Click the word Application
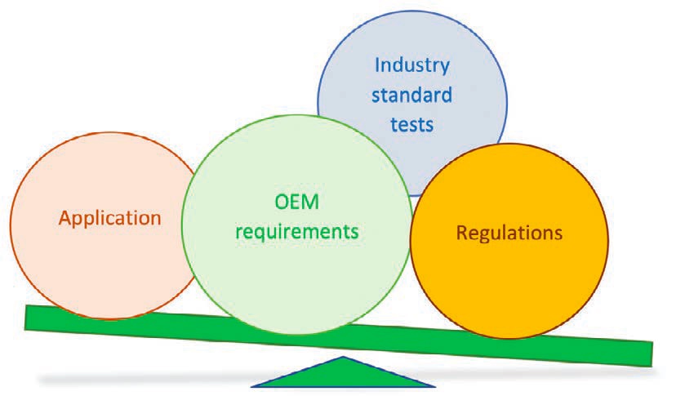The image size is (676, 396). click(x=110, y=219)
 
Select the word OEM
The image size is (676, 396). click(x=297, y=202)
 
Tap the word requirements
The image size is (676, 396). click(x=297, y=232)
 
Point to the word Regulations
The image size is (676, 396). click(x=509, y=234)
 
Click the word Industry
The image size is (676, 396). click(x=412, y=65)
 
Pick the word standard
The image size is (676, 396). click(x=411, y=95)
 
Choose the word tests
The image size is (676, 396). click(x=411, y=125)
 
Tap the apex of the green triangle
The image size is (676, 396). click(x=343, y=357)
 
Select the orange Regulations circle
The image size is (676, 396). click(x=509, y=241)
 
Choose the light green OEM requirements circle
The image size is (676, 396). click(x=297, y=225)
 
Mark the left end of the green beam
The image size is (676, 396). click(x=26, y=318)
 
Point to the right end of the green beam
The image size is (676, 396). click(x=652, y=354)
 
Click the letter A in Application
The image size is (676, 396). click(x=65, y=218)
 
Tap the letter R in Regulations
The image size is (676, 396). click(x=462, y=233)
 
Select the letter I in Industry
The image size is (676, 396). click(x=377, y=65)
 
